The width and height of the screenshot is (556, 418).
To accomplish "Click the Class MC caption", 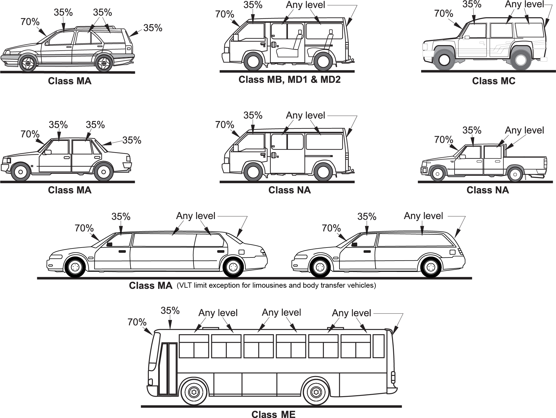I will pyautogui.click(x=494, y=81).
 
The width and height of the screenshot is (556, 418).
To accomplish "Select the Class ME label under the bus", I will pyautogui.click(x=273, y=414).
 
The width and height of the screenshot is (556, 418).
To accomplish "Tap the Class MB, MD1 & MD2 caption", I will pyautogui.click(x=289, y=80).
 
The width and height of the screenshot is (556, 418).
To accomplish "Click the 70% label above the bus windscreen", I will pyautogui.click(x=137, y=322).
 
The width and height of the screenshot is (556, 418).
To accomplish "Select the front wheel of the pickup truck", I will pyautogui.click(x=437, y=174).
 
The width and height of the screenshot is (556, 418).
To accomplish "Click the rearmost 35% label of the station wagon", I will pyautogui.click(x=153, y=28).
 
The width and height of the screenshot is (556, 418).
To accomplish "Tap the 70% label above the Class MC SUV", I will pyautogui.click(x=444, y=14).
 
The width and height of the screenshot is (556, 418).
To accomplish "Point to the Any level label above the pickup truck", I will pyautogui.click(x=524, y=130).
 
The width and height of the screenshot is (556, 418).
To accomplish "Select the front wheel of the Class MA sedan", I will pyautogui.click(x=20, y=172).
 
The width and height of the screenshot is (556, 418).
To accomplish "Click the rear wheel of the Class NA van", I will pyautogui.click(x=323, y=172).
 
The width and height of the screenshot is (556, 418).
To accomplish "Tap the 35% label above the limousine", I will pyautogui.click(x=121, y=217).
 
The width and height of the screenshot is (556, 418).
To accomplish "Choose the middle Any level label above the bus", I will pyautogui.click(x=281, y=312).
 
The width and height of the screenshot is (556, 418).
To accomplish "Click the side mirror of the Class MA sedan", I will pyautogui.click(x=48, y=152).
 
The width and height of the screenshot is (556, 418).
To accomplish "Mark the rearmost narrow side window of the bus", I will pyautogui.click(x=378, y=346).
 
